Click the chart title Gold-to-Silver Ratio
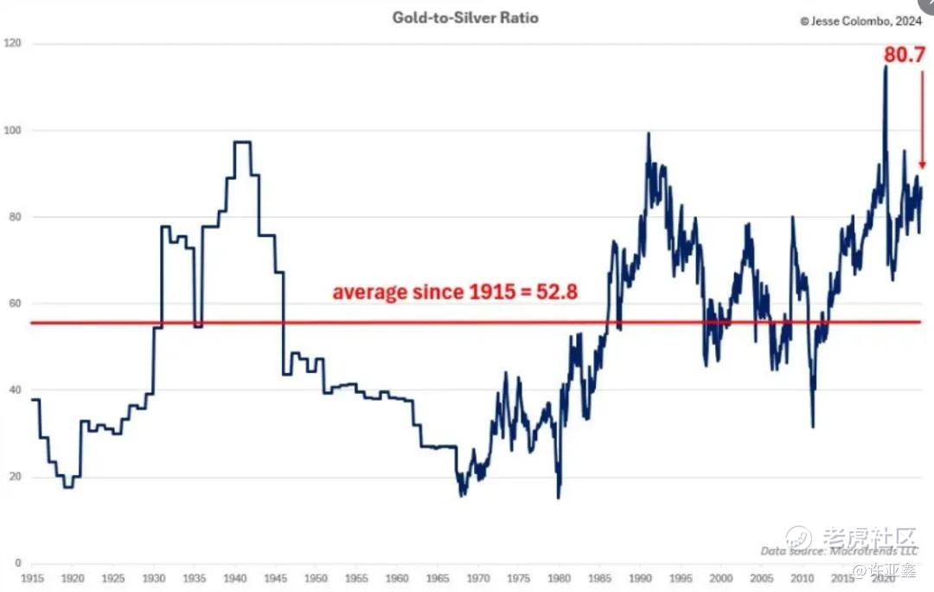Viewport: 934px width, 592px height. (x=465, y=17)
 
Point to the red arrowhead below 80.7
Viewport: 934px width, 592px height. (x=923, y=164)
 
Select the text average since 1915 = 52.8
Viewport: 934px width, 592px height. (x=455, y=292)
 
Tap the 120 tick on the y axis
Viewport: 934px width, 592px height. (x=13, y=43)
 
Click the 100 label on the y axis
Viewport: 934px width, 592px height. (x=13, y=130)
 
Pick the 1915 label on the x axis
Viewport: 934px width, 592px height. (x=32, y=577)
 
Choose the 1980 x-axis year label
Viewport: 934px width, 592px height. (x=560, y=577)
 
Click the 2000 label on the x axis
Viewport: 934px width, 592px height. (x=721, y=577)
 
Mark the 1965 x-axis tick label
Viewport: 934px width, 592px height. (x=438, y=577)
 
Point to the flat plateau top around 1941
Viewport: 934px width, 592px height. (x=242, y=142)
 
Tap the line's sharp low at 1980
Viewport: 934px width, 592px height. (x=559, y=497)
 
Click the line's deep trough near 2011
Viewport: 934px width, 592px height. (x=812, y=425)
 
